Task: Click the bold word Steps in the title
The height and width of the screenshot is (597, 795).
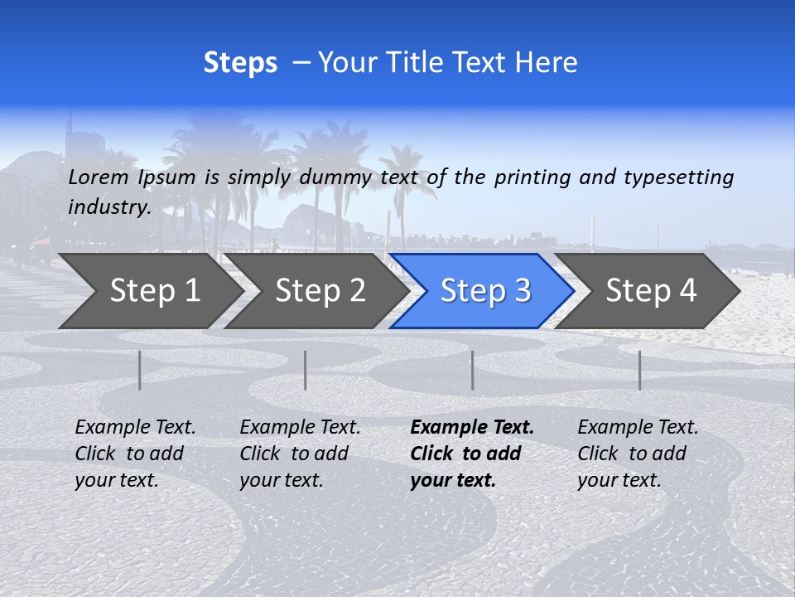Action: click(x=240, y=63)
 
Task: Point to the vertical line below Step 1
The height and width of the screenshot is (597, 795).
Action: click(x=140, y=370)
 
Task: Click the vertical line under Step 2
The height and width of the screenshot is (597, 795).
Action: click(x=306, y=370)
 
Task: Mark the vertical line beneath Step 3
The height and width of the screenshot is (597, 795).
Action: click(x=472, y=370)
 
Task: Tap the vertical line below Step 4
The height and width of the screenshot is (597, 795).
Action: click(x=639, y=370)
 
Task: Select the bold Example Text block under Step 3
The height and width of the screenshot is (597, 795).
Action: click(x=472, y=454)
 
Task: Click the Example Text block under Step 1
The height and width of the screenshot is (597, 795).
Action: click(x=135, y=454)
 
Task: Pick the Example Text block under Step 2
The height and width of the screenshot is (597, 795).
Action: click(x=300, y=454)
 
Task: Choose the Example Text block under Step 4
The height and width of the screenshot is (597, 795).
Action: click(x=638, y=454)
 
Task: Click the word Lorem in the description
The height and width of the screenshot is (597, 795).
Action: click(x=99, y=177)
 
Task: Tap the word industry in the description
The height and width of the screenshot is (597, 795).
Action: click(x=108, y=206)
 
